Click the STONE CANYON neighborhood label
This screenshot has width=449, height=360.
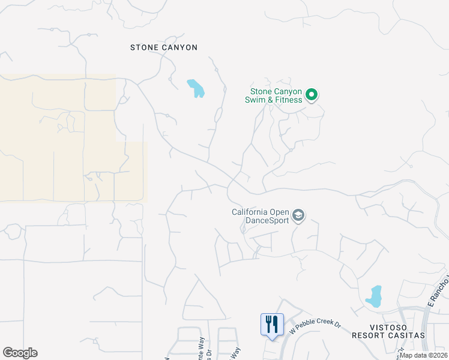pos(164,47)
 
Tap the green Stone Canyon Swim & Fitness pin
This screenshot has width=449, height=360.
pos(312,95)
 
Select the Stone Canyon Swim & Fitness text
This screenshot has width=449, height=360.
pos(276,95)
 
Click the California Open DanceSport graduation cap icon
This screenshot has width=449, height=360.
pos(298,215)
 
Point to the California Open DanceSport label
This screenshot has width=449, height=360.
pos(261,215)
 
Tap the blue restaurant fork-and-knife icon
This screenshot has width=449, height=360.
pos(272,324)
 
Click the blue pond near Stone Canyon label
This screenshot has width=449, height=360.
pos(196,88)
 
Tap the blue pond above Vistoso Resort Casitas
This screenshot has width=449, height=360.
pos(374,296)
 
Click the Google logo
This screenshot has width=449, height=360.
pos(20,353)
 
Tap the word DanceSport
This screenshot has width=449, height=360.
pos(267,220)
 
